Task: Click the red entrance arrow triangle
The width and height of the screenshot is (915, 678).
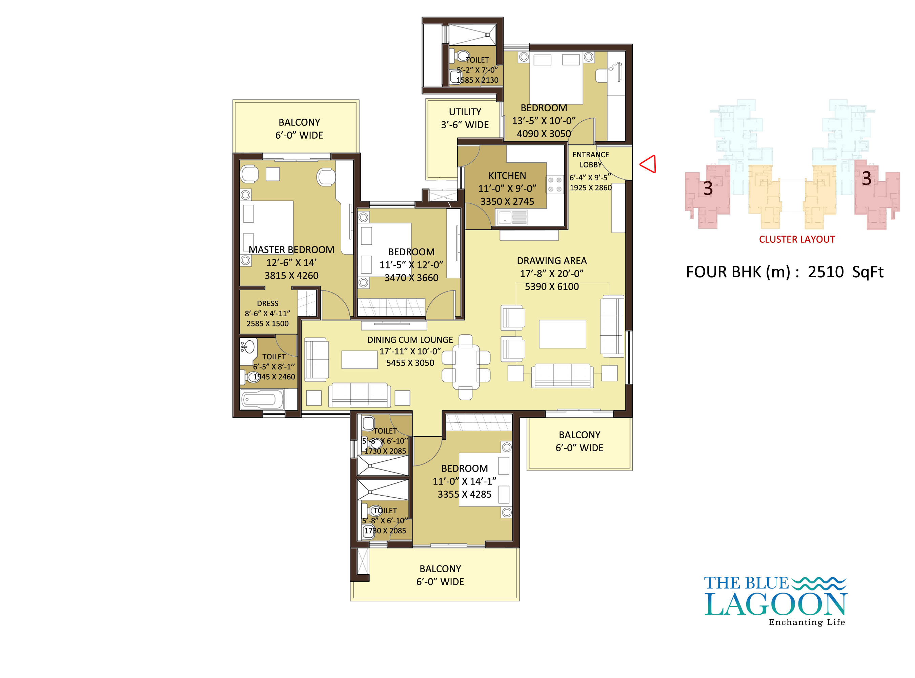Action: [648, 164]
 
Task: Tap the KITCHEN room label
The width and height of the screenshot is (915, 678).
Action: [507, 176]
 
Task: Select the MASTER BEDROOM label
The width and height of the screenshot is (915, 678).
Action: [291, 250]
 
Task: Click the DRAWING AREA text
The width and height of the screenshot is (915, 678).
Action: [552, 261]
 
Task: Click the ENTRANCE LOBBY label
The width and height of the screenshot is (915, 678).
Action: [590, 160]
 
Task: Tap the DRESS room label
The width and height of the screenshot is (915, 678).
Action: [267, 303]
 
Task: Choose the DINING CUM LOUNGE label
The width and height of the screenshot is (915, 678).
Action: [410, 340]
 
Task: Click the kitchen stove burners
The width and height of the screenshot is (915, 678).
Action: [555, 185]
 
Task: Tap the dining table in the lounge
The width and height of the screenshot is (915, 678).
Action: [466, 367]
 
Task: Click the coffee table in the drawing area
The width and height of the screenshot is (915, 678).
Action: [562, 334]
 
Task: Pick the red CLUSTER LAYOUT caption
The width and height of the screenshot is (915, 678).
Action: [797, 239]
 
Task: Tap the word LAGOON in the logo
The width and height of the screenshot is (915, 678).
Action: [775, 604]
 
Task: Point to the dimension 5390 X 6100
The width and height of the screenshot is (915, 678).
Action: [552, 286]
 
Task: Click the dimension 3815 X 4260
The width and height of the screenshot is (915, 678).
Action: [291, 275]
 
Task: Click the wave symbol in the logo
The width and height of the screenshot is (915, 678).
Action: [818, 583]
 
